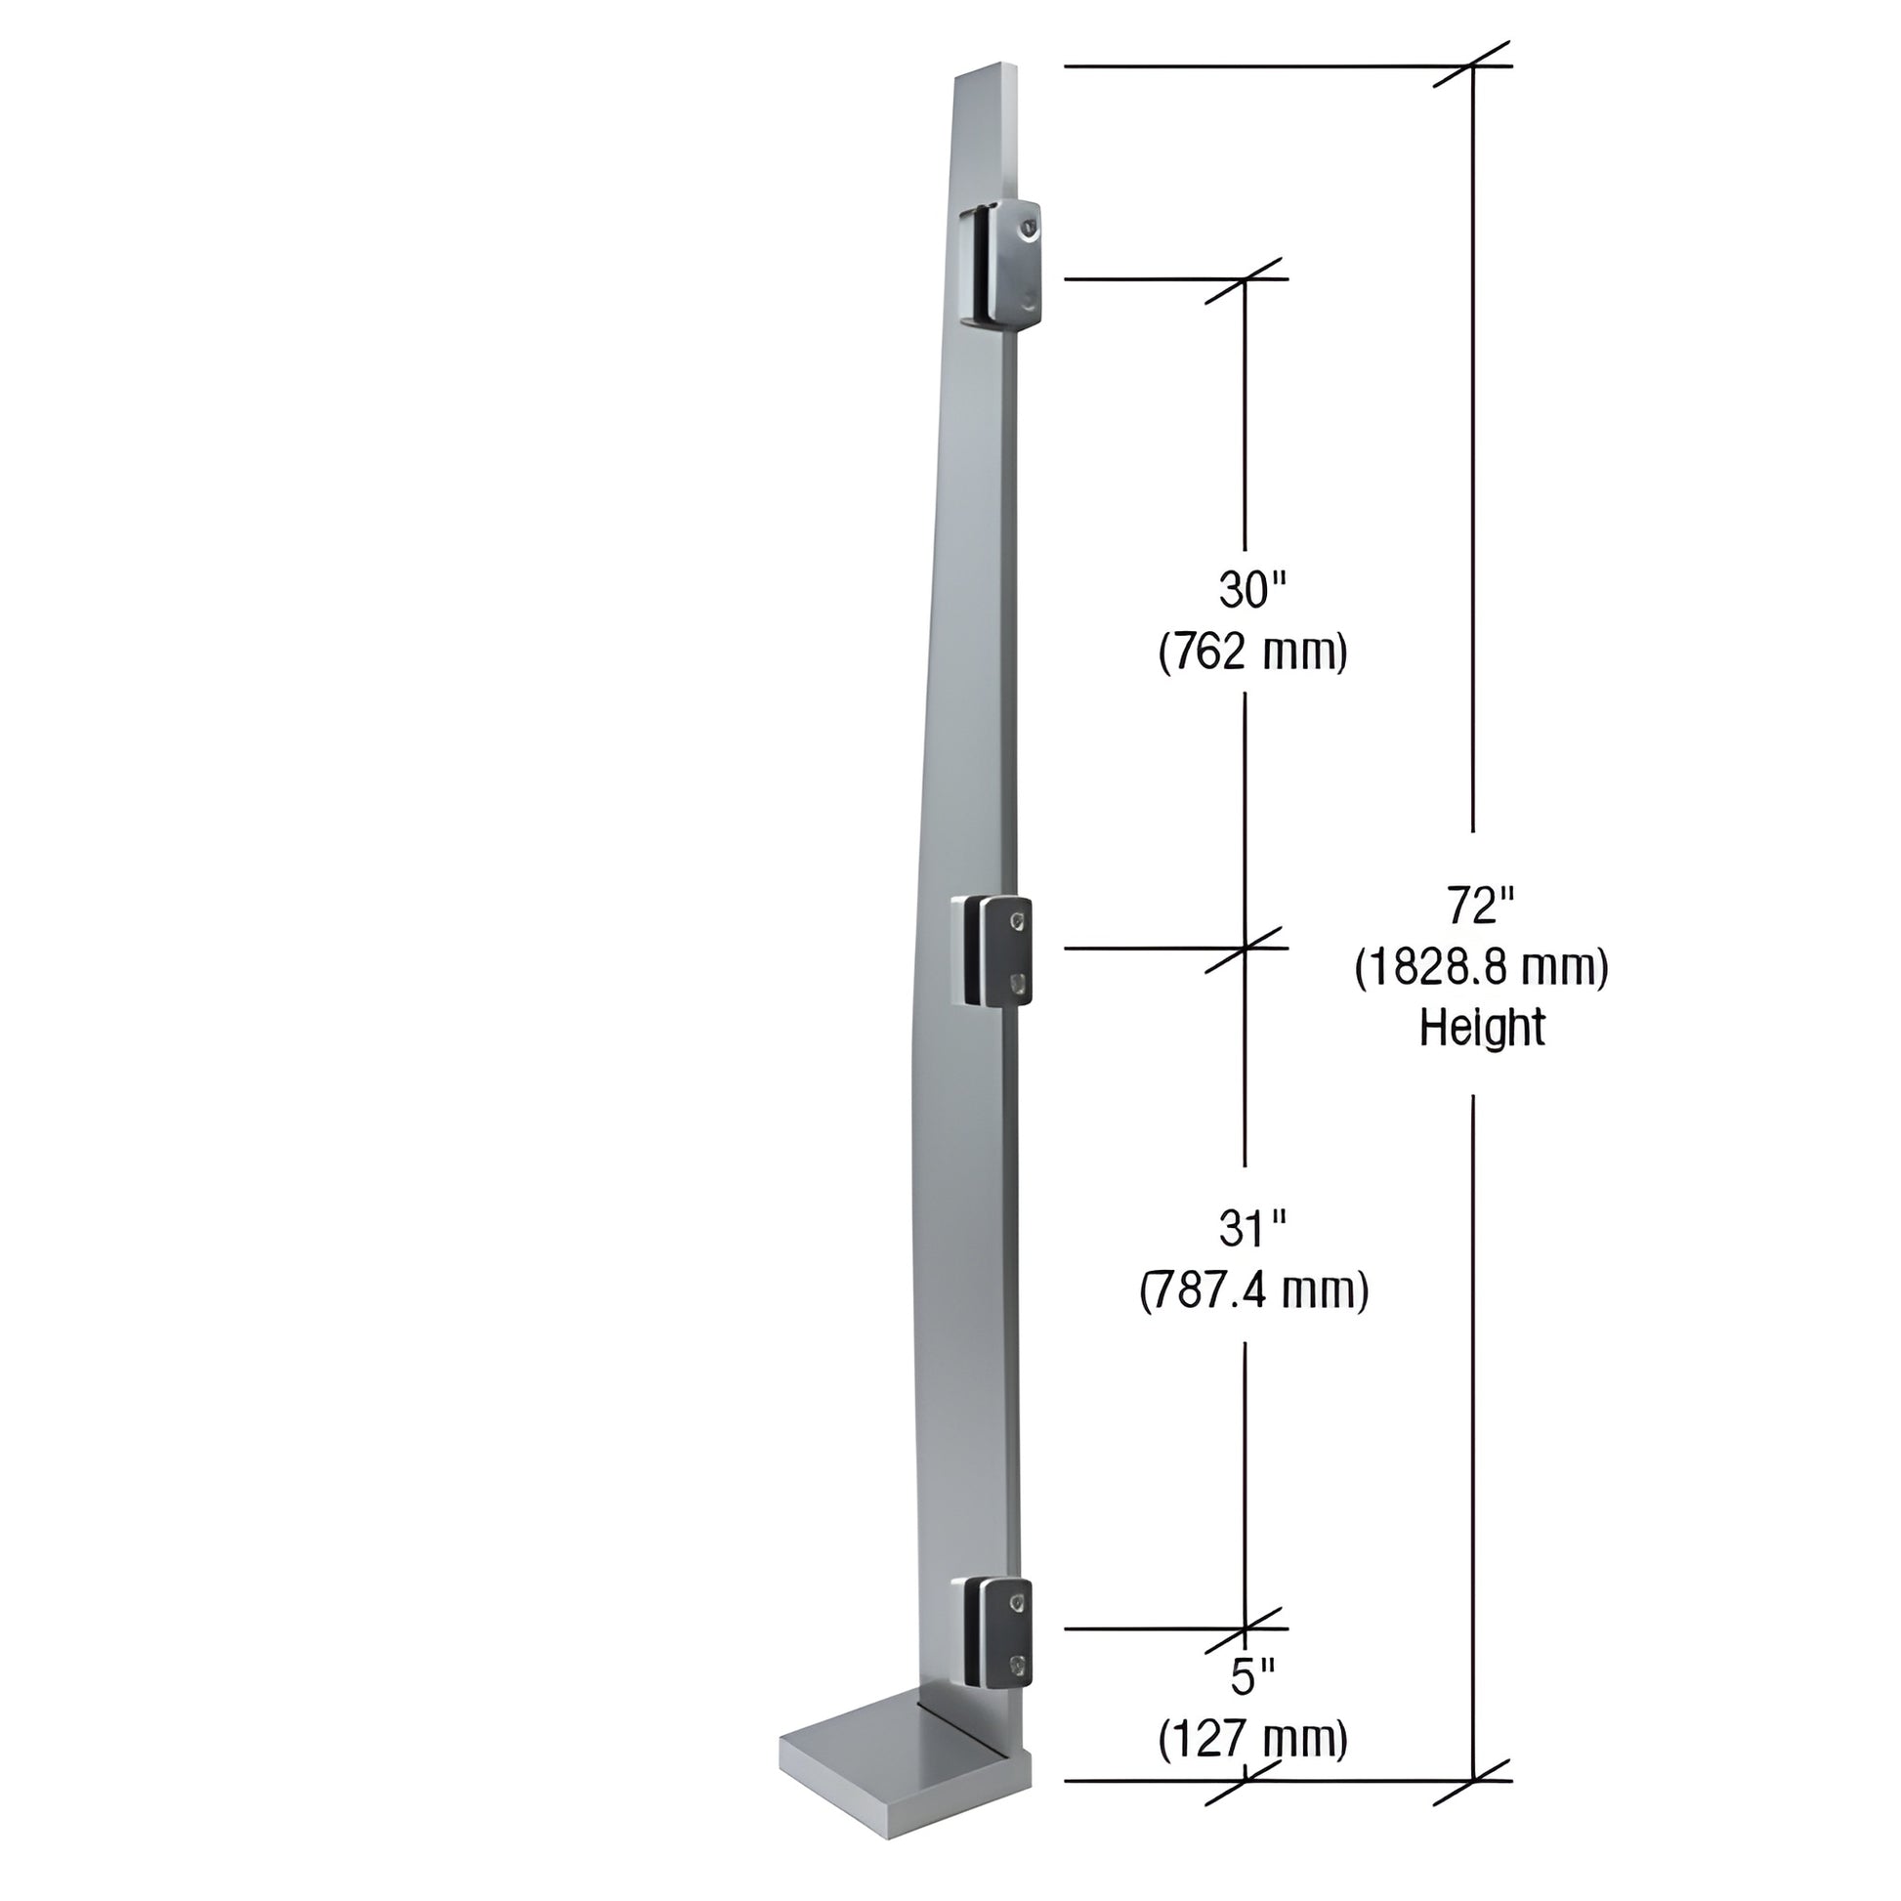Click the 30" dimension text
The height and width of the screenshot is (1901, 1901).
click(1251, 590)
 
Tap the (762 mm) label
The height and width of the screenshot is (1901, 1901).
click(1251, 653)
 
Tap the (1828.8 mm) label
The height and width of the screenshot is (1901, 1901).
click(1481, 968)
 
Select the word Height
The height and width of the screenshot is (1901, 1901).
click(1481, 1030)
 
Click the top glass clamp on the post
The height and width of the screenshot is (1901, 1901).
click(998, 262)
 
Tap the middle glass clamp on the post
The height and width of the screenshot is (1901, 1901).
click(992, 950)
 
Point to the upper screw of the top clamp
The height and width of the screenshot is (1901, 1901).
click(1029, 229)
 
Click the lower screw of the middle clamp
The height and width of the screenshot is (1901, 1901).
click(1017, 981)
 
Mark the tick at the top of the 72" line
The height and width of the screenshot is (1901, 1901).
click(1472, 65)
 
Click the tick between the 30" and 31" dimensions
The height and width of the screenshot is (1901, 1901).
click(1245, 949)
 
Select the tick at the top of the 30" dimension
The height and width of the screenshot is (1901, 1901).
click(1245, 279)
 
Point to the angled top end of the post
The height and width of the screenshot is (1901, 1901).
click(984, 75)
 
